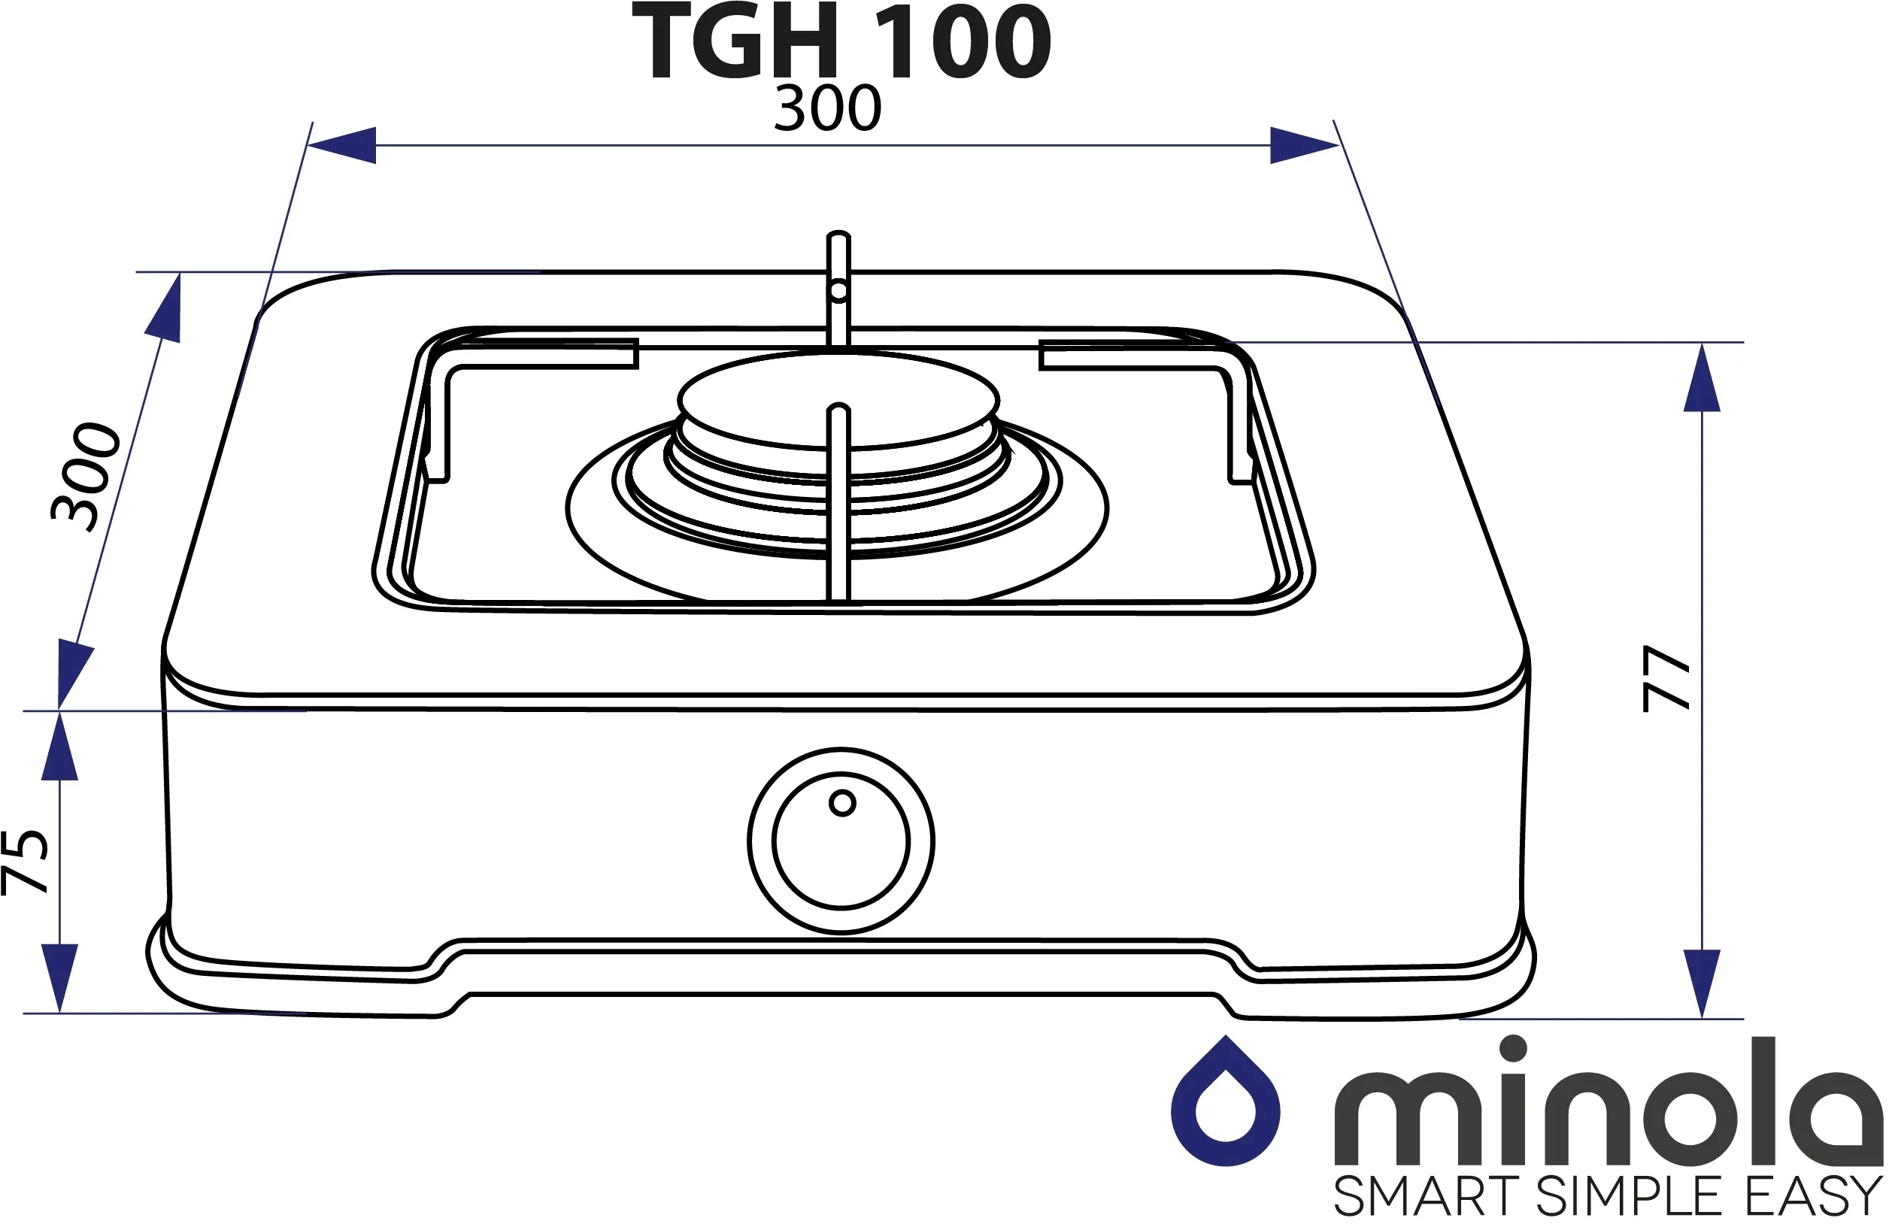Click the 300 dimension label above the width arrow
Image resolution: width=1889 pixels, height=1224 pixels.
[828, 109]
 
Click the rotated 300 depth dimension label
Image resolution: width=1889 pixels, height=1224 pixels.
[86, 477]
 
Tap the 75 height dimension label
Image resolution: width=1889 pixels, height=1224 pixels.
[26, 862]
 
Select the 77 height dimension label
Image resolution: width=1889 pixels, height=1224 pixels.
[1666, 679]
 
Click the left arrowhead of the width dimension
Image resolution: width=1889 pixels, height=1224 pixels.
[341, 145]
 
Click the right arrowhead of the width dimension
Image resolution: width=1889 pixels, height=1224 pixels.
[1305, 145]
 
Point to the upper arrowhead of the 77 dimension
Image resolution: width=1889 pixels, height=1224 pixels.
[1702, 377]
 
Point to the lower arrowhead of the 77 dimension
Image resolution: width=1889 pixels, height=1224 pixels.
[1702, 983]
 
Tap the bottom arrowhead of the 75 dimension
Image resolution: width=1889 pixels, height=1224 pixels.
[59, 978]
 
